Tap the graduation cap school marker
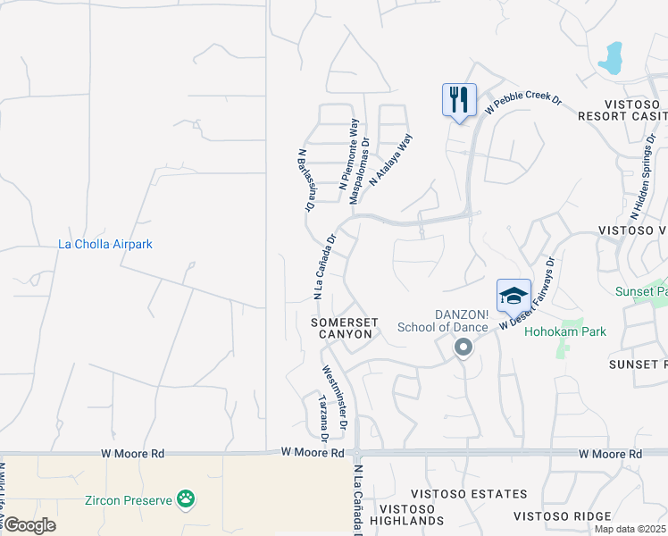(514, 295)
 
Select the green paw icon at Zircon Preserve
(186, 499)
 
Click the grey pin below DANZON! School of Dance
(463, 347)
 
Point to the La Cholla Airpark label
(105, 244)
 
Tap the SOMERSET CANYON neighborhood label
(345, 328)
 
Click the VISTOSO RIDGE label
(562, 515)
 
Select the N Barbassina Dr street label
(306, 180)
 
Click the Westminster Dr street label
(338, 392)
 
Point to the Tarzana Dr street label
(322, 417)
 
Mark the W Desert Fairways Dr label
(528, 294)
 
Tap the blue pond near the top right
(611, 59)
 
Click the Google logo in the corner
(29, 524)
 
